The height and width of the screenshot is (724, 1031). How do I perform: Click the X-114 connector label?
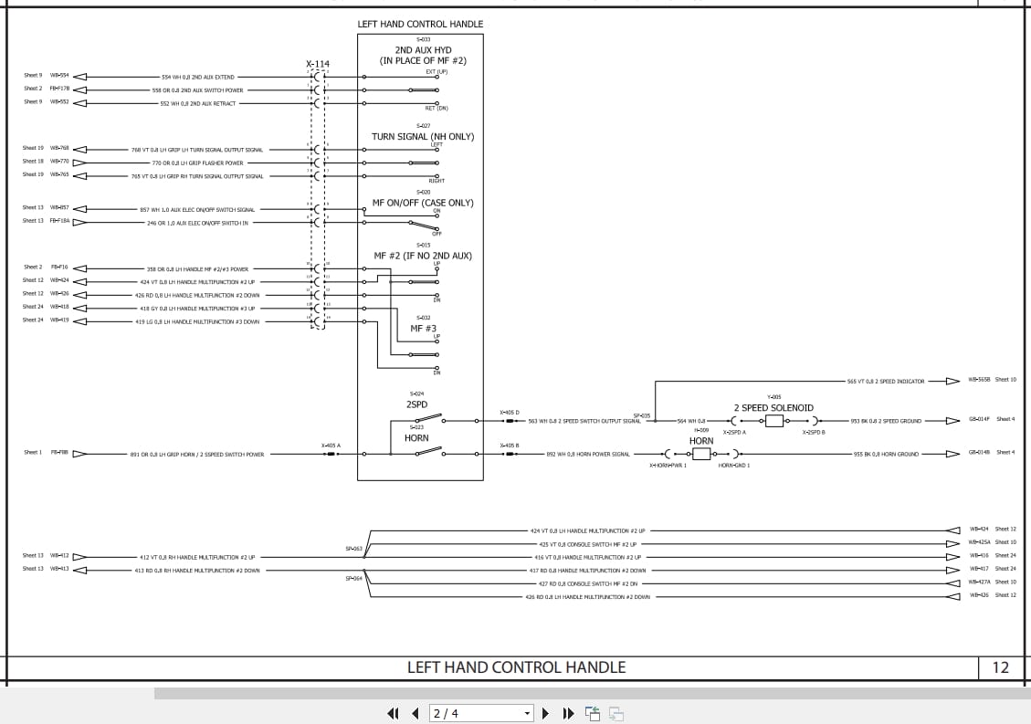(x=318, y=64)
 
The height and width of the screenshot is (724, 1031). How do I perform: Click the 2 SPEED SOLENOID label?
(x=773, y=408)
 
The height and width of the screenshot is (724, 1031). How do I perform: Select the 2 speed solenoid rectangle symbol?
(x=774, y=421)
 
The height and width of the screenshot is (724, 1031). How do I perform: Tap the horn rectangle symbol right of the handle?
(x=701, y=454)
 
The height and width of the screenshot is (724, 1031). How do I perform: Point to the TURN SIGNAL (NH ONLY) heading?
(x=423, y=137)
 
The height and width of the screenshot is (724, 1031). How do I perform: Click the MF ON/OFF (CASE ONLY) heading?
(x=423, y=203)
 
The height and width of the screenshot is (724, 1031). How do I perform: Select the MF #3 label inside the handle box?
(x=423, y=328)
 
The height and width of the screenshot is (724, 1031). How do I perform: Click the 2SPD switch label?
(x=416, y=404)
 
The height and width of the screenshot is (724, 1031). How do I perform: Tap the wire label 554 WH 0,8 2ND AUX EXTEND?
(x=197, y=78)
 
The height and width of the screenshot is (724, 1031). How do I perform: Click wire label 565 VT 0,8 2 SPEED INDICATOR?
(x=886, y=382)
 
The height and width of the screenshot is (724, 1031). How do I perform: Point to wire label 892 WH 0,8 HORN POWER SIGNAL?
(x=588, y=454)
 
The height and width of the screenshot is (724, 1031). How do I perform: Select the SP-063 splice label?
(x=353, y=549)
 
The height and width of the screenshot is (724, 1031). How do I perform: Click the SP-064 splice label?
(x=353, y=578)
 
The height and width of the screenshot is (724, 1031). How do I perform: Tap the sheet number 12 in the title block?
(x=1000, y=667)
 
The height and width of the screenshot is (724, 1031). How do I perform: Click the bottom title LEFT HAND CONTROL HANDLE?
(x=516, y=667)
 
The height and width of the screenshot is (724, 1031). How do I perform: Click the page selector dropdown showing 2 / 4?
(x=481, y=713)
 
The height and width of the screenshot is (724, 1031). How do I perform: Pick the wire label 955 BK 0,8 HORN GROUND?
(x=886, y=454)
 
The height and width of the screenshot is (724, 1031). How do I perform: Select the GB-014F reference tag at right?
(x=979, y=419)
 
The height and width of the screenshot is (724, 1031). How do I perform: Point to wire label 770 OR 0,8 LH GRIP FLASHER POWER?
(x=197, y=163)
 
